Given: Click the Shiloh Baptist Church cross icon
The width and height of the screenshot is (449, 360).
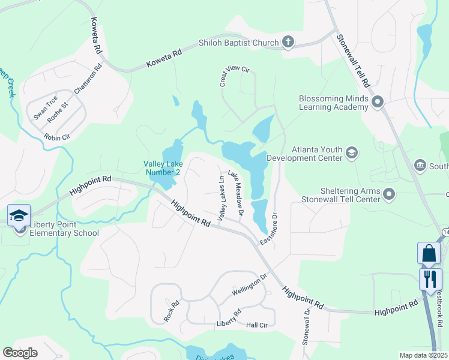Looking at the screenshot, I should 288,42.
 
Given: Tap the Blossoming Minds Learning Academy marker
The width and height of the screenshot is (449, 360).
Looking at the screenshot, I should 378,102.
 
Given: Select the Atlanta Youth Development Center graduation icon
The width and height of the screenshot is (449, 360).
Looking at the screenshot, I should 352,154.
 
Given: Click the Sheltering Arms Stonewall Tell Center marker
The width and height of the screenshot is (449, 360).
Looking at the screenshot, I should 390,194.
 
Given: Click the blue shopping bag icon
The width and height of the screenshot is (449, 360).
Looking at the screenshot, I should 429,253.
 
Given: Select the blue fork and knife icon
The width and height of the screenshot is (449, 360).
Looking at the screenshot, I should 430,279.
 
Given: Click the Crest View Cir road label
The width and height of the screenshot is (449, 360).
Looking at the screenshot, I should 234,77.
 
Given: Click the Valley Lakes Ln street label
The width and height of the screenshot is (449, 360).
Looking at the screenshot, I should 221,198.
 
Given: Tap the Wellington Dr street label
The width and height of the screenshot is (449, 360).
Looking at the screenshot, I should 249,287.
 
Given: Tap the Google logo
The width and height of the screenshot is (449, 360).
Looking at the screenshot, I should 20,353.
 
